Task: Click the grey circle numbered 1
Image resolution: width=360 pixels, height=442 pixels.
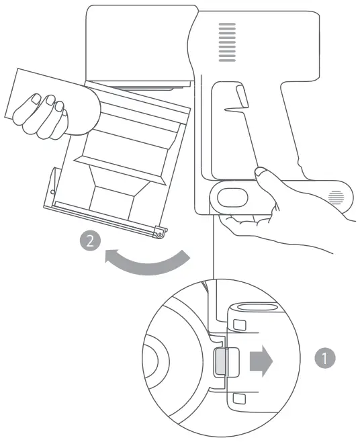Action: [325, 357]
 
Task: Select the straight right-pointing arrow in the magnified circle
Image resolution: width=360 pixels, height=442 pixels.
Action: [261, 362]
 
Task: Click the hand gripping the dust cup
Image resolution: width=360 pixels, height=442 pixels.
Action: [50, 111]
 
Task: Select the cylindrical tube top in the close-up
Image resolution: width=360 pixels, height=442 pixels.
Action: [253, 308]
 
